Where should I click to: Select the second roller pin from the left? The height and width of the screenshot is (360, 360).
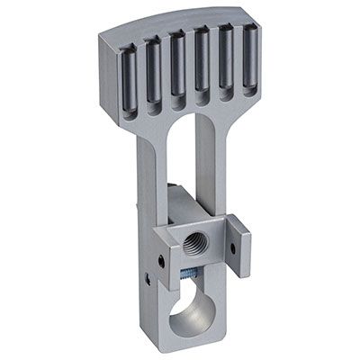[155, 69]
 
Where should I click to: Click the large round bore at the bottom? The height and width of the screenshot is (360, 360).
[191, 319]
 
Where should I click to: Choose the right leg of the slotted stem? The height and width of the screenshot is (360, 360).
[211, 180]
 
